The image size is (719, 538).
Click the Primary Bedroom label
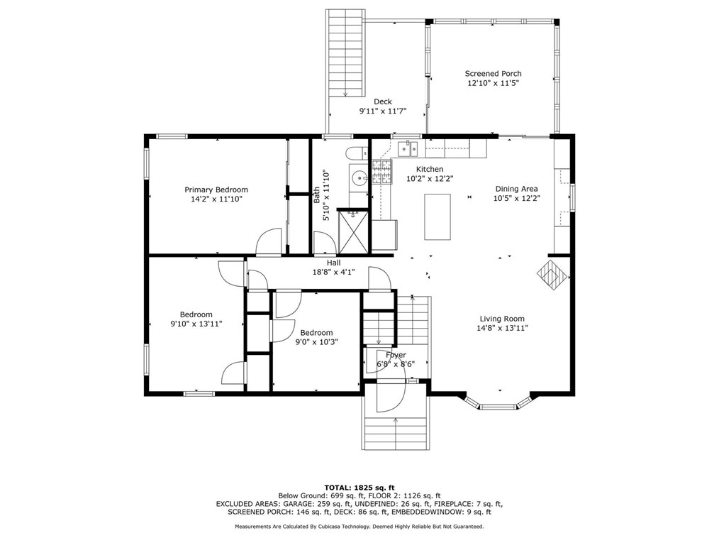216,190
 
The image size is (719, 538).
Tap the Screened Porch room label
493,73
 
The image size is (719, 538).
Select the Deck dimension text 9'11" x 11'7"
382,111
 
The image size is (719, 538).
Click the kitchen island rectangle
437,216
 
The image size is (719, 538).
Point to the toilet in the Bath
357,153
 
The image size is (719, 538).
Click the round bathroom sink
359,176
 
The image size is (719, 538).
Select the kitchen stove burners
382,172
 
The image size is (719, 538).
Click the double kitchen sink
408,148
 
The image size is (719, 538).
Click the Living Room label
502,319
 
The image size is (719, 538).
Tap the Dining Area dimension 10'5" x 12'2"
516,198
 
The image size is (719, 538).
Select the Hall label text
334,263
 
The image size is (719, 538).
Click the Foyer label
395,356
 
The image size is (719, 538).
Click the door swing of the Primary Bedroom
269,241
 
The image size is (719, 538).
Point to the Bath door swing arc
325,242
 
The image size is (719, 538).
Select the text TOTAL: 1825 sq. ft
359,488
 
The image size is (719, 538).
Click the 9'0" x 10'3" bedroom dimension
316,342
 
